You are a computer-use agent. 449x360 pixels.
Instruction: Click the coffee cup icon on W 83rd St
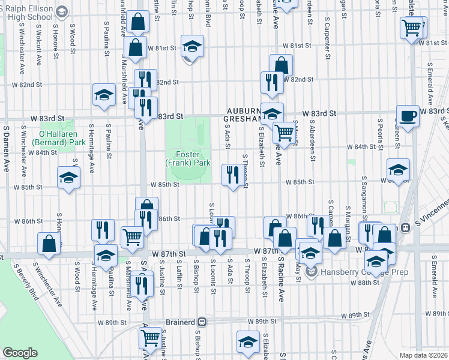pyautogui.click(x=408, y=116)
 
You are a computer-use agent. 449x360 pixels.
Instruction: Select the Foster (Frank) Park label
pyautogui.click(x=188, y=158)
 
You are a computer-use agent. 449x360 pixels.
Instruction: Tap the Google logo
pyautogui.click(x=20, y=353)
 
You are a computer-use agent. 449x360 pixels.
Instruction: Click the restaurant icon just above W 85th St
pyautogui.click(x=232, y=175)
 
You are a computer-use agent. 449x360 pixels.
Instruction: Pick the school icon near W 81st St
pyautogui.click(x=192, y=47)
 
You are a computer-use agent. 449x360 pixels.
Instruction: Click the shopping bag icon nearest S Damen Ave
pyautogui.click(x=49, y=243)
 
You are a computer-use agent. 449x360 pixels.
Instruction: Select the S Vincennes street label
pyautogui.click(x=430, y=215)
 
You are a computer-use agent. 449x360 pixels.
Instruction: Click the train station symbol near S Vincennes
pyautogui.click(x=405, y=227)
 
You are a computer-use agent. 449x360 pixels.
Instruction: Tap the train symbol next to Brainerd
pyautogui.click(x=202, y=322)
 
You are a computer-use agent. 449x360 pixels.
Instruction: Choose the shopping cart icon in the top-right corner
pyautogui.click(x=412, y=27)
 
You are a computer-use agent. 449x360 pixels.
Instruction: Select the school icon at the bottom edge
pyautogui.click(x=247, y=341)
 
